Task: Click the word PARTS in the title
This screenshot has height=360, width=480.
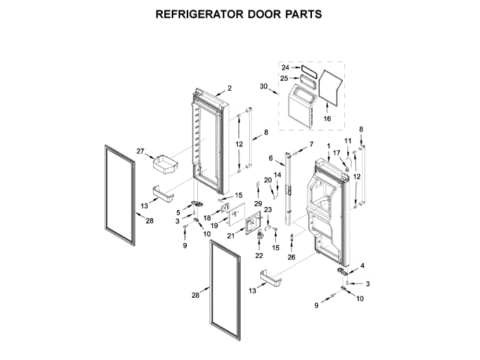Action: click(x=301, y=14)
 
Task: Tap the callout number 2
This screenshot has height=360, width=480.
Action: click(x=229, y=88)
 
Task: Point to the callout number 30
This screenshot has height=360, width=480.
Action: click(x=263, y=88)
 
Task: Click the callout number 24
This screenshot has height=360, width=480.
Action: click(x=285, y=67)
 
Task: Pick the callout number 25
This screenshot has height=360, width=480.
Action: click(x=285, y=77)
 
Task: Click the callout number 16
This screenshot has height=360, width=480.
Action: click(x=326, y=118)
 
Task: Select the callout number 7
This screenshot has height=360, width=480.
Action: click(x=311, y=143)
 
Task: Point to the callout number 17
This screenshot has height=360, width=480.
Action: click(x=337, y=152)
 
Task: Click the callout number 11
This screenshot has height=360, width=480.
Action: click(x=347, y=141)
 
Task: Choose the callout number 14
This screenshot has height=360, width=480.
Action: click(x=277, y=175)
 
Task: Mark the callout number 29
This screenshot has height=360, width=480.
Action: click(x=257, y=203)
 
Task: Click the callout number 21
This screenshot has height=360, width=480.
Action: click(x=231, y=235)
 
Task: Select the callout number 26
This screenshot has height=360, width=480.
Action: click(x=292, y=256)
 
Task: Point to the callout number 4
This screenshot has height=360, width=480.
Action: click(x=362, y=265)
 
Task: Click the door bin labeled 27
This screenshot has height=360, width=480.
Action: click(x=162, y=162)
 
